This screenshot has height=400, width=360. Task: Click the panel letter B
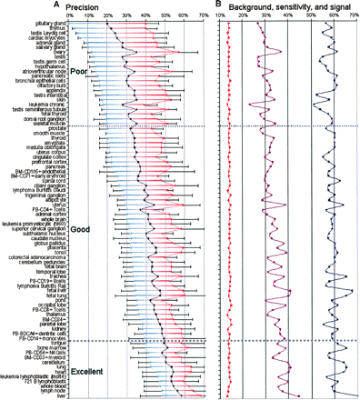[219, 5]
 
